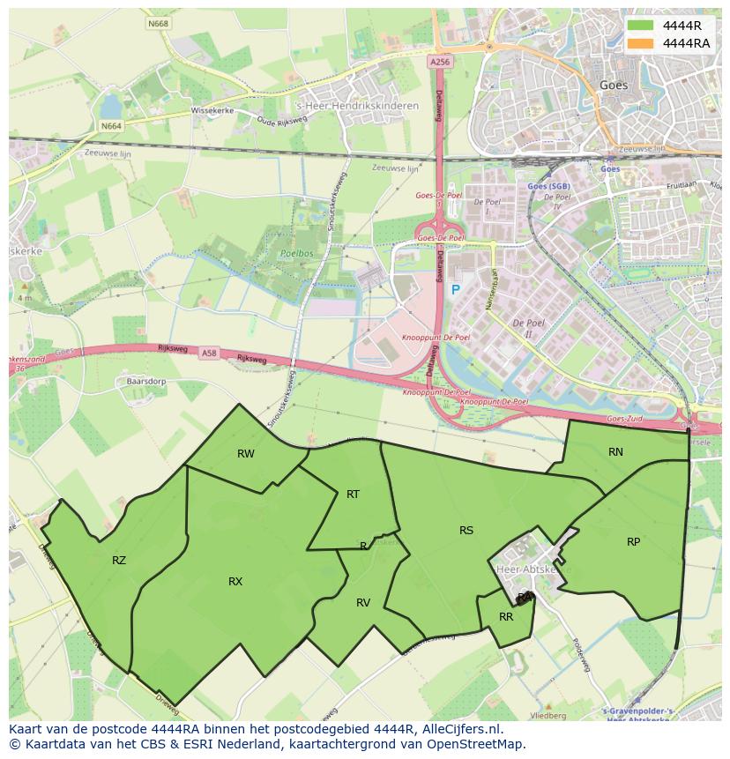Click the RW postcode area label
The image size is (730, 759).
coord(246,454)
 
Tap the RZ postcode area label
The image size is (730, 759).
coord(119,561)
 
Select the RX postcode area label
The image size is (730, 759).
coord(235,582)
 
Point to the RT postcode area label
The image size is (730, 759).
coord(353,495)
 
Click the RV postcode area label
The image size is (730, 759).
coord(363,603)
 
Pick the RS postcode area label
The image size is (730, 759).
coord(466,531)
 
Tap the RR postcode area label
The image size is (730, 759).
coord(506,617)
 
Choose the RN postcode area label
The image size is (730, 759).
coord(615,452)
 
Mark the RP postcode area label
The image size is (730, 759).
coord(633,542)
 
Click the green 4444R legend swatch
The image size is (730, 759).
coord(641,26)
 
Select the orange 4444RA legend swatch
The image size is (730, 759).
coord(641,43)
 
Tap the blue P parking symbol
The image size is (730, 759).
coord(456,290)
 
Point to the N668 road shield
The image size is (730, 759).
coord(159,23)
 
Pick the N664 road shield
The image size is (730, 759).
coord(111,126)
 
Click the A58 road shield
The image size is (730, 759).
coord(209,353)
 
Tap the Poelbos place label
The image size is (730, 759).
coord(291,251)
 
